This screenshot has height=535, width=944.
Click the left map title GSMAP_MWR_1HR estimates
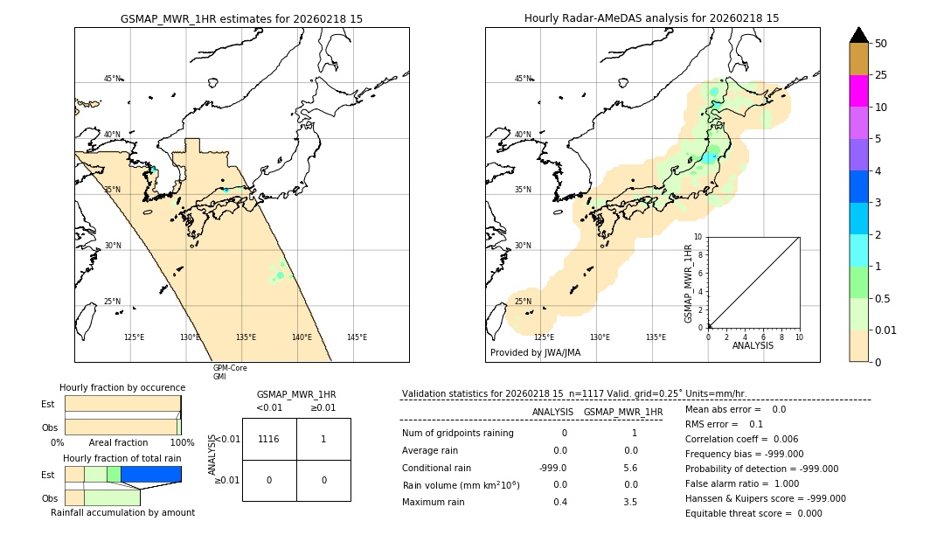[241, 18]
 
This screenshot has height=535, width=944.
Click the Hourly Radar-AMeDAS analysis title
[651, 18]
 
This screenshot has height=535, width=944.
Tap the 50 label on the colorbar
[881, 44]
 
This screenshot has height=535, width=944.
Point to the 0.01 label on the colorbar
[887, 330]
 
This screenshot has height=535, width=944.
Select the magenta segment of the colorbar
[858, 91]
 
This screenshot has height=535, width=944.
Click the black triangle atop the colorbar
[858, 35]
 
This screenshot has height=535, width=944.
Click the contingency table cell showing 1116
[269, 439]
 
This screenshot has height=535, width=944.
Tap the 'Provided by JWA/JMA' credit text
[535, 353]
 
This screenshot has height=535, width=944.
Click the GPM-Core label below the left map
[230, 368]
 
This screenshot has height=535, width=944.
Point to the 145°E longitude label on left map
[357, 337]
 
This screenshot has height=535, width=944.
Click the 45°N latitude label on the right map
[523, 79]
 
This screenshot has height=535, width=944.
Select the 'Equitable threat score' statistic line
[753, 513]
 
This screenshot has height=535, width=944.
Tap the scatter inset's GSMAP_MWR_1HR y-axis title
[689, 283]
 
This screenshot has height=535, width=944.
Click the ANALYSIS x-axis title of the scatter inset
[753, 345]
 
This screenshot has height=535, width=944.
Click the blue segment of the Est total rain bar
[150, 474]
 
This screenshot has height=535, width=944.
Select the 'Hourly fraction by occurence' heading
[122, 387]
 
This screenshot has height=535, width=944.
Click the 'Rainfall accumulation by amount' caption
[122, 512]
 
